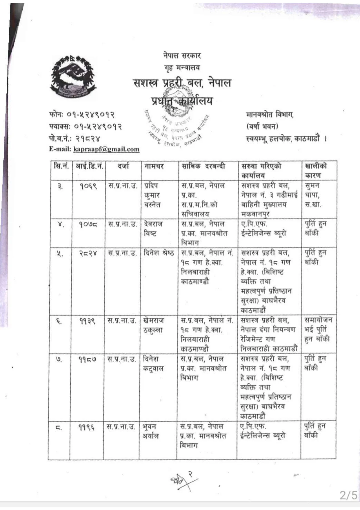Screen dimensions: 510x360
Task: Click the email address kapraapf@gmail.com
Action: [x=106, y=149]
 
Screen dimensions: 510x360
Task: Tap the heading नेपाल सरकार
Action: [x=182, y=55]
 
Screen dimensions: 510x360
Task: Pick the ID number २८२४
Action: [x=88, y=253]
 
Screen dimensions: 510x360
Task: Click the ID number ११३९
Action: [x=87, y=321]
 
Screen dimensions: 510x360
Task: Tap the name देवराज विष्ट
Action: [x=153, y=229]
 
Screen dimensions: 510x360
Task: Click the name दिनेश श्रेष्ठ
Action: [x=159, y=253]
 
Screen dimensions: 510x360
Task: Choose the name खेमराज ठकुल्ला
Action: [x=153, y=325]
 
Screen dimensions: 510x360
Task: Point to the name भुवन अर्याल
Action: [x=150, y=432]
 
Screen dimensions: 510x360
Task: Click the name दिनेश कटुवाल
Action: [x=153, y=364]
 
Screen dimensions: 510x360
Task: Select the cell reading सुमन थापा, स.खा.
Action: [x=313, y=195]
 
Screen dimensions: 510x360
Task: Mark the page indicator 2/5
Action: [x=348, y=495]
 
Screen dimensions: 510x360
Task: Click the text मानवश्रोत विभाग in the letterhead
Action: [x=270, y=115]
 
